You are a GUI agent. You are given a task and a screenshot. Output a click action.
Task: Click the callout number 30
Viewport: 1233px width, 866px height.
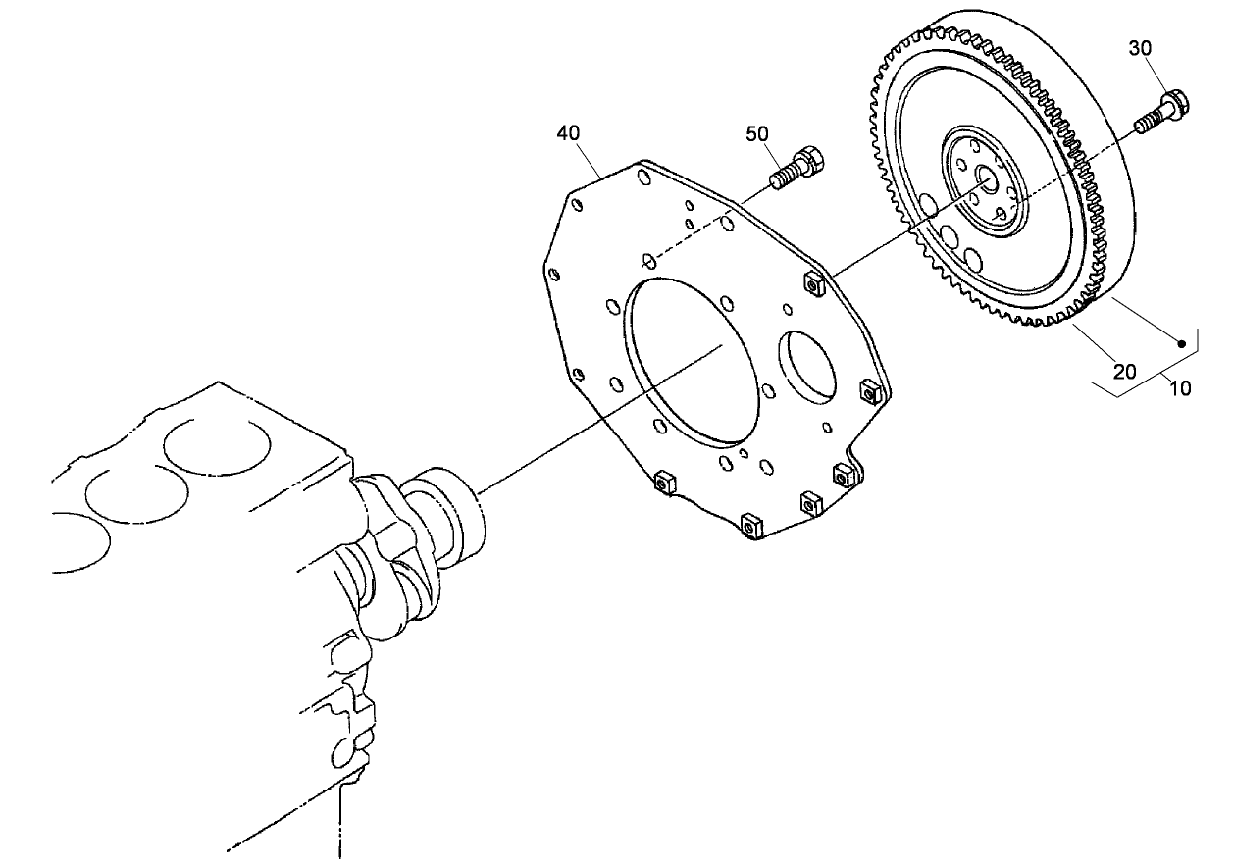tap(1167, 48)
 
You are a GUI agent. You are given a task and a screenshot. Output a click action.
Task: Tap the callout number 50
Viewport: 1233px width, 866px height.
tap(756, 133)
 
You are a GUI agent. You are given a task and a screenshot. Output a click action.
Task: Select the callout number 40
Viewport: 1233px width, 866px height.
tap(569, 132)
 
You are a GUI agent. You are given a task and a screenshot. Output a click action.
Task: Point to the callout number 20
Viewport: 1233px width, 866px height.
tap(1124, 371)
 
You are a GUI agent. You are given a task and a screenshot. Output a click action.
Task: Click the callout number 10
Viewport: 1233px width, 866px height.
tap(1180, 388)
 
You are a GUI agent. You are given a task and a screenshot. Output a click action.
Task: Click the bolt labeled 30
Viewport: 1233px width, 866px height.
tap(1161, 111)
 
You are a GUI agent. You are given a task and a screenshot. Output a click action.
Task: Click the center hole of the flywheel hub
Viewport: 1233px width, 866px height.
tap(987, 180)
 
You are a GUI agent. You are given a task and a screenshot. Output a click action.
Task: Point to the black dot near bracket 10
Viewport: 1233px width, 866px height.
tap(1182, 344)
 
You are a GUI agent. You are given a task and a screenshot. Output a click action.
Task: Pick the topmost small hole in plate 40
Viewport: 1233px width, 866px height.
tap(642, 177)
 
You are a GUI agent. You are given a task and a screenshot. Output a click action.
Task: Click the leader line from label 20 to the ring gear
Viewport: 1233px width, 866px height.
tap(1093, 338)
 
